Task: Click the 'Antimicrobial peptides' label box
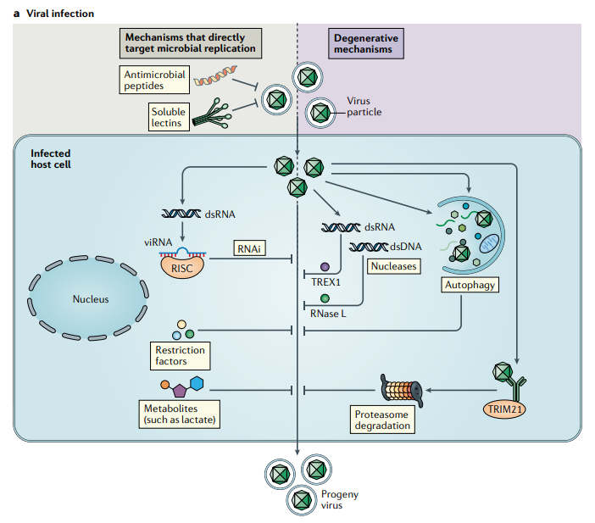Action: [153, 81]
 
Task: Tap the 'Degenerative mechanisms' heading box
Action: [366, 44]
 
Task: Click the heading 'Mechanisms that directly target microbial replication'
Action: [190, 43]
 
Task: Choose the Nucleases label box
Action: [393, 265]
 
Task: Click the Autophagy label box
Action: [470, 285]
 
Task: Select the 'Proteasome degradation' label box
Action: [383, 419]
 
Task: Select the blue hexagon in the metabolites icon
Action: [197, 384]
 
